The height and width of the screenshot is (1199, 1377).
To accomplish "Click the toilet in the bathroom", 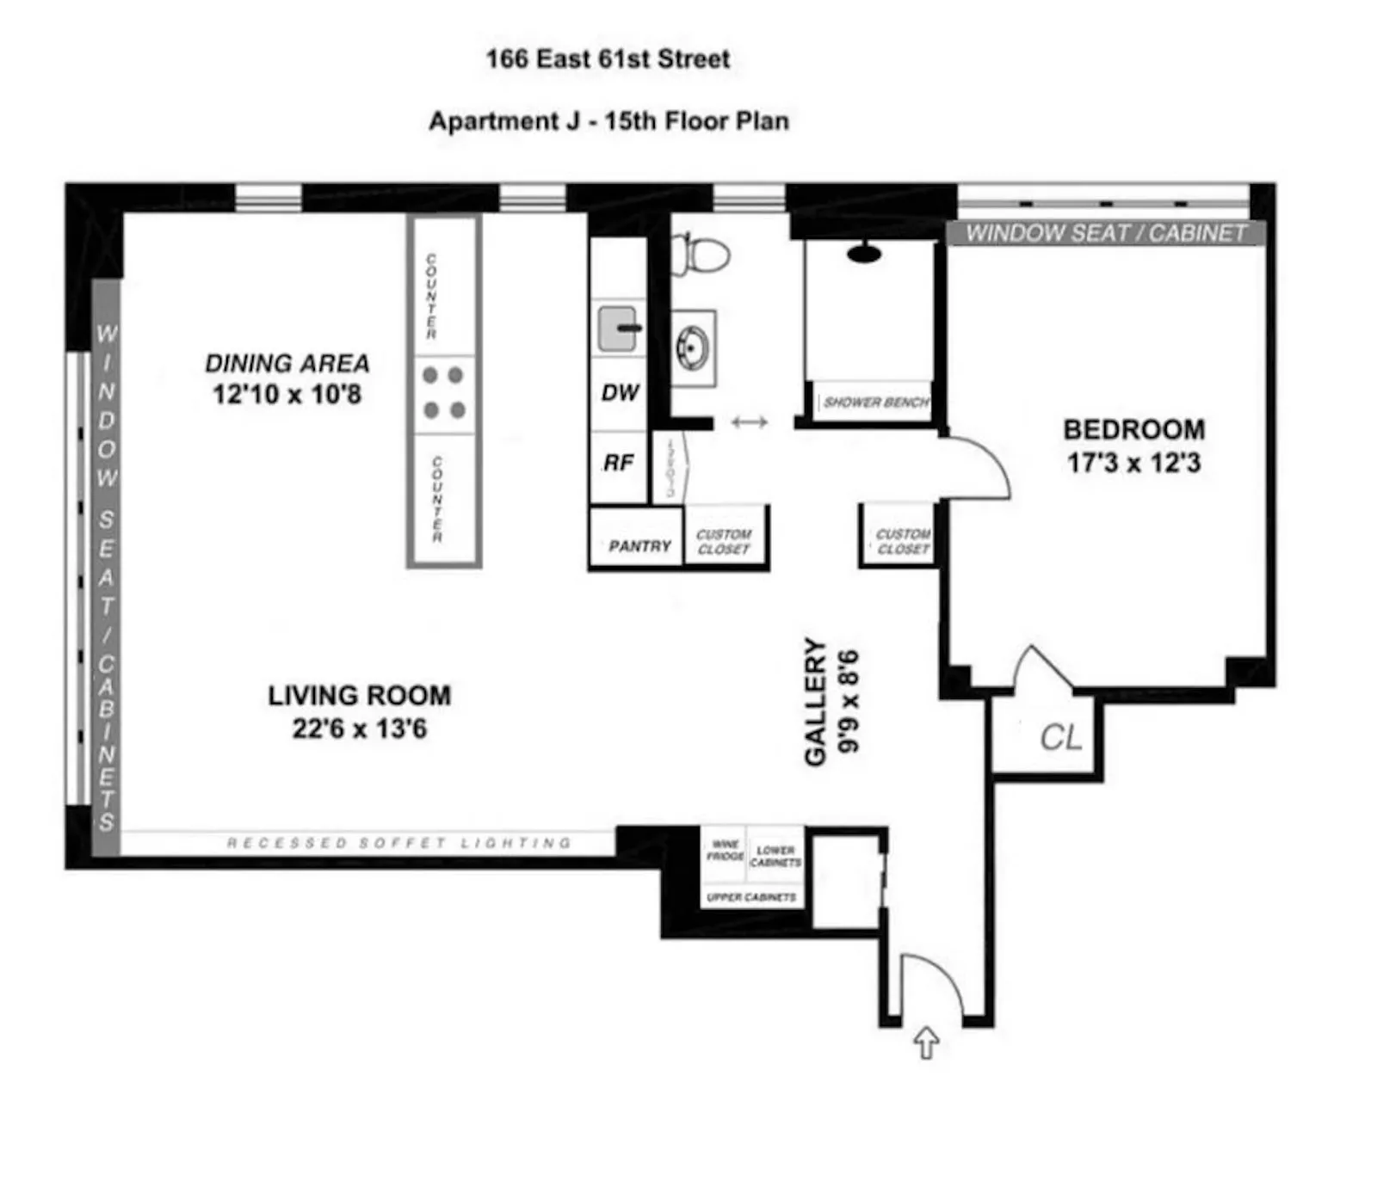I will pyautogui.click(x=704, y=254).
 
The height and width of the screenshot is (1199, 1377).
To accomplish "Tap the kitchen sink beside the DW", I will pyautogui.click(x=618, y=328).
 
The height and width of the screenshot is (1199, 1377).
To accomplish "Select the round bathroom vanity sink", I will pyautogui.click(x=692, y=347).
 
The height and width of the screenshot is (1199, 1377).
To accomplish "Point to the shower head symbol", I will pyautogui.click(x=863, y=253).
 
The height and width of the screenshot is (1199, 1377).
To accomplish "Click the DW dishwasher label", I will pyautogui.click(x=620, y=393).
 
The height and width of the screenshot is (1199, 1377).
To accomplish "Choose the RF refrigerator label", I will pyautogui.click(x=618, y=464).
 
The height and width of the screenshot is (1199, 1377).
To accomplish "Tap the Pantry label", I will pyautogui.click(x=639, y=546).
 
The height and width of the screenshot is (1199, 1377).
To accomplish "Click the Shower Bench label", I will pyautogui.click(x=875, y=402).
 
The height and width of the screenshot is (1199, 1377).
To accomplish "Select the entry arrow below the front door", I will pyautogui.click(x=925, y=1042).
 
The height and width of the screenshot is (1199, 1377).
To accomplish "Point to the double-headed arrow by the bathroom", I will pyautogui.click(x=749, y=421).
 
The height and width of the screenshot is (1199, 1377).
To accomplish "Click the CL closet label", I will pyautogui.click(x=1060, y=737).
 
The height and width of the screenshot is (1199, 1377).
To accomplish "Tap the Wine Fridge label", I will pyautogui.click(x=725, y=850).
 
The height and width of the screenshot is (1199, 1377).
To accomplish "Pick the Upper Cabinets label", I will pyautogui.click(x=750, y=897).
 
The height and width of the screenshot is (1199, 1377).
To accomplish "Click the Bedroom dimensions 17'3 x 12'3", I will pyautogui.click(x=1133, y=463).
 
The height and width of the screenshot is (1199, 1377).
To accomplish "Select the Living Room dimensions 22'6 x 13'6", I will pyautogui.click(x=359, y=729).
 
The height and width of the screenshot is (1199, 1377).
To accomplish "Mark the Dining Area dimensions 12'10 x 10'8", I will pyautogui.click(x=287, y=394).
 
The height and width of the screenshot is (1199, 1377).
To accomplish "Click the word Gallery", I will pyautogui.click(x=815, y=701).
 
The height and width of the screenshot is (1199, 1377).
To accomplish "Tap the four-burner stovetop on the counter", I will pyautogui.click(x=443, y=392).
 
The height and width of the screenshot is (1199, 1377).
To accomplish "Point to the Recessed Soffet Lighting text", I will pyautogui.click(x=398, y=843).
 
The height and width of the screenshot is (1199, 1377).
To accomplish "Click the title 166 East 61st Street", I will pyautogui.click(x=608, y=58).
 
